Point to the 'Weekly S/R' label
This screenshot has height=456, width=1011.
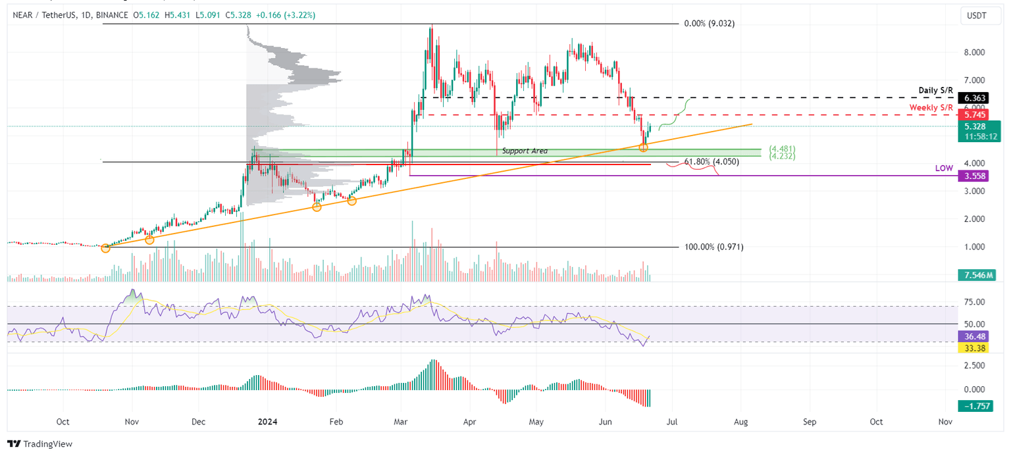pyautogui.click(x=931, y=107)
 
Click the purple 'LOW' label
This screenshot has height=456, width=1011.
pyautogui.click(x=944, y=169)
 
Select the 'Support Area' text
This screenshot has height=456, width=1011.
pyautogui.click(x=525, y=151)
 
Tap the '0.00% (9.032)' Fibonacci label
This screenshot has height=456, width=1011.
pyautogui.click(x=710, y=24)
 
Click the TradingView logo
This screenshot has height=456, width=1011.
pyautogui.click(x=40, y=444)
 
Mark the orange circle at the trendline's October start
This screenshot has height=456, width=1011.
pyautogui.click(x=106, y=248)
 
